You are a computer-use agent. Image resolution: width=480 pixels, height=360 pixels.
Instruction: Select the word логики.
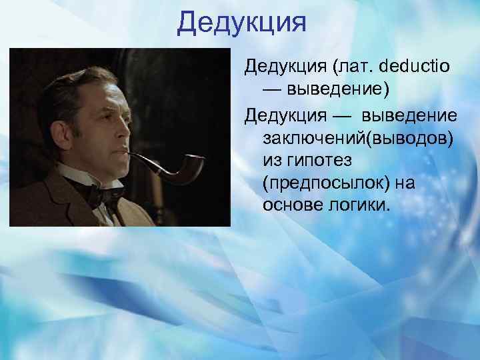click(x=355, y=203)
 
